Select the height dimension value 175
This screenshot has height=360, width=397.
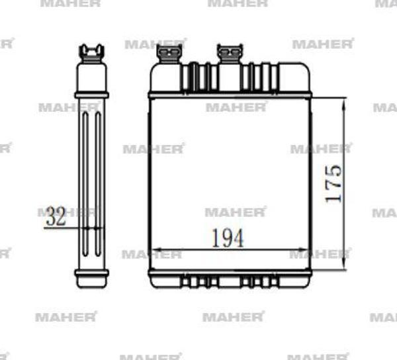tap(333, 183)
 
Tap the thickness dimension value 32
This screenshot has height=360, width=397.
tap(58, 216)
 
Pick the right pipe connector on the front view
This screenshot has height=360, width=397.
tap(230, 52)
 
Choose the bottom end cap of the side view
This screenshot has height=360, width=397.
tap(91, 279)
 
